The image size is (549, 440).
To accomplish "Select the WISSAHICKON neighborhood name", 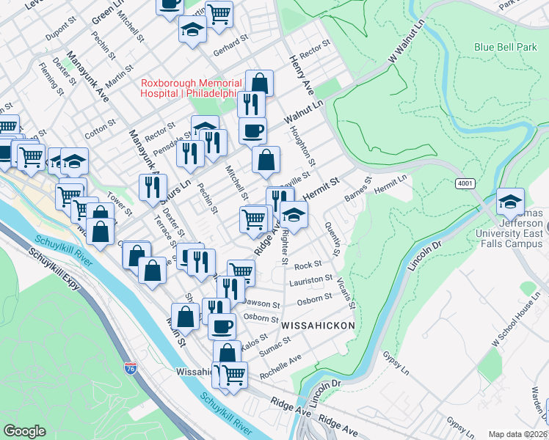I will [317, 324].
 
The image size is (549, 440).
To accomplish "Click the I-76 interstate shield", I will [131, 370].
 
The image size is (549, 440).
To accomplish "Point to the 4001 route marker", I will [464, 183].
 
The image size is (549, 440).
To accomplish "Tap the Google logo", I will [24, 430].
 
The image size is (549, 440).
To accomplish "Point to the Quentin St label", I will [331, 238].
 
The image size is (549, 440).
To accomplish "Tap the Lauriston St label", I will [311, 281].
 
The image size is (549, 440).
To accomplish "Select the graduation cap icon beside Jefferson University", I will [510, 200].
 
